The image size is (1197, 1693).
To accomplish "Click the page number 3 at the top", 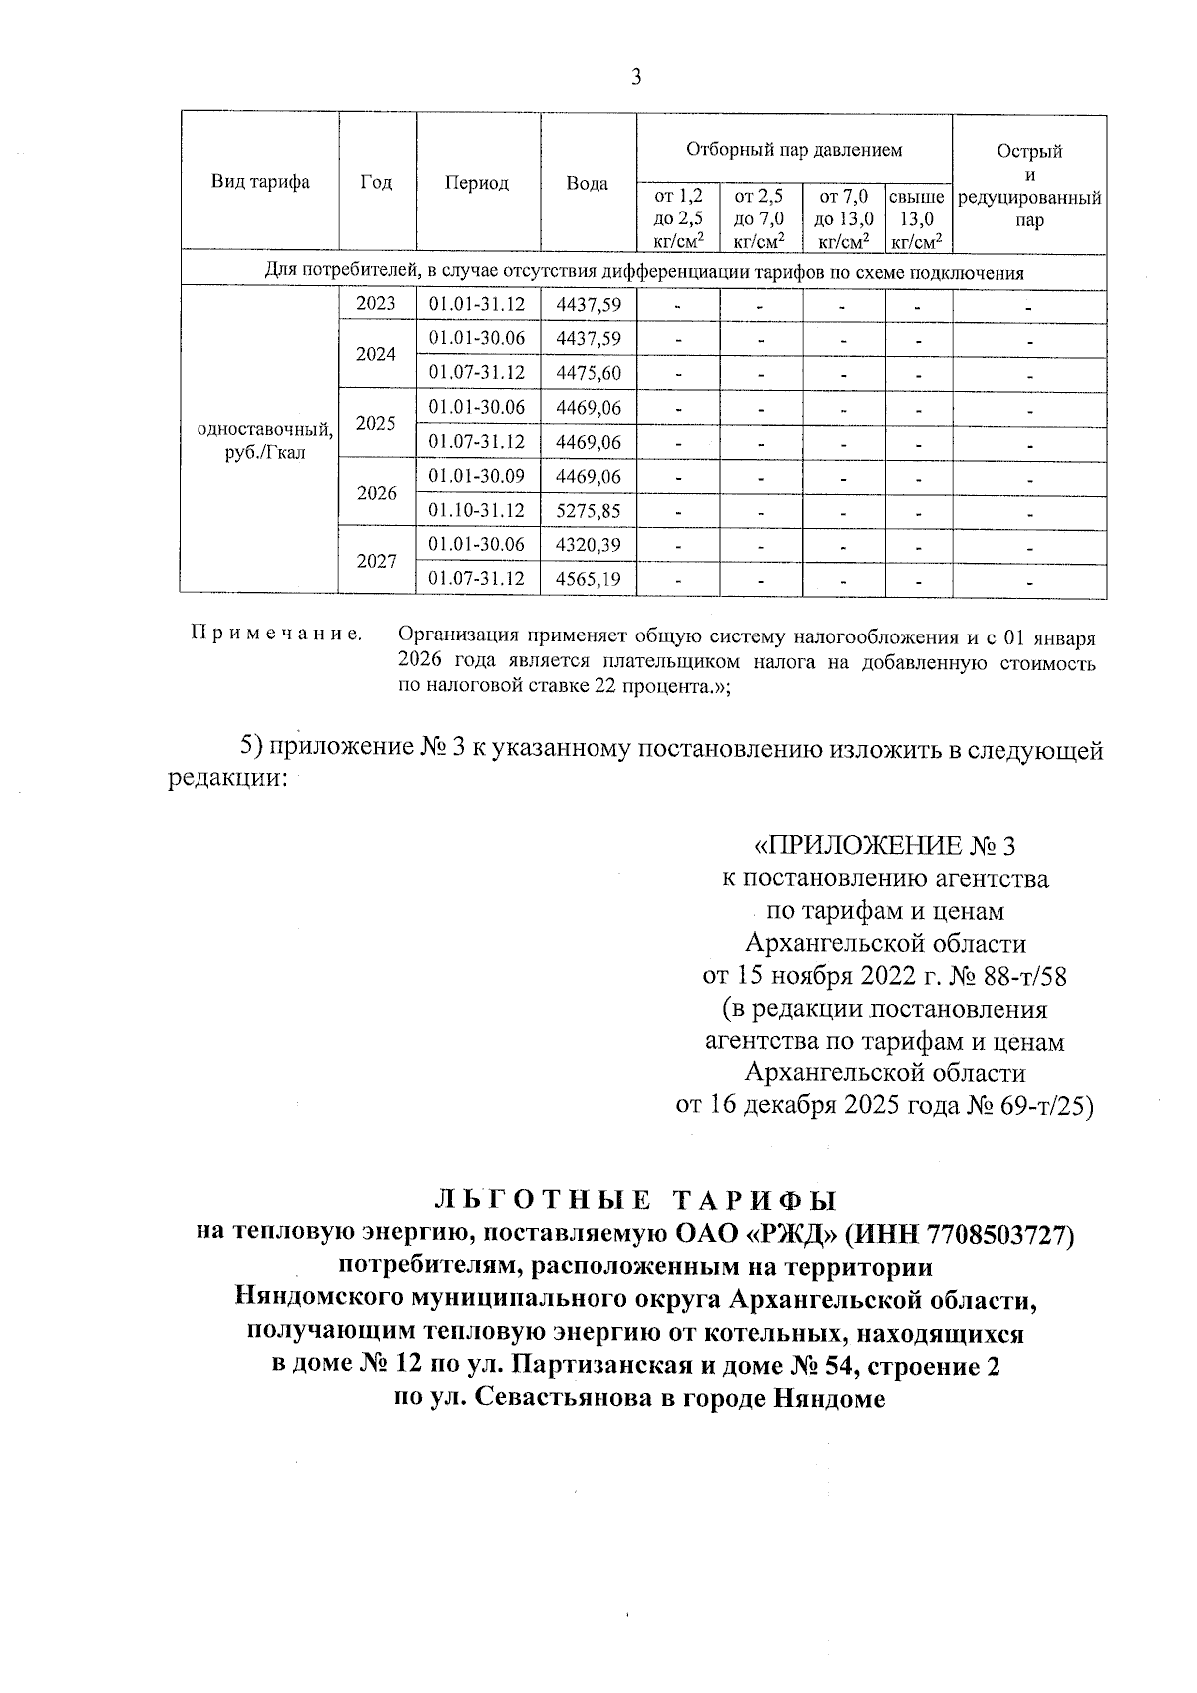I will coord(636,78).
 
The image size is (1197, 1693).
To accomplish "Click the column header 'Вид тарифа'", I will coord(260,182).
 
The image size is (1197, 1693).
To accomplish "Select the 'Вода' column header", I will coord(588,184).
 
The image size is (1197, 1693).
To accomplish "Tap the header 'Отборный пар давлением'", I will coord(794,150).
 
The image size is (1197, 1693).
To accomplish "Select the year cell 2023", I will coord(376,304).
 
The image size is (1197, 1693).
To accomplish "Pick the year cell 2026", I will coord(376,493).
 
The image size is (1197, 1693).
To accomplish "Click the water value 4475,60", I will coord(589,373).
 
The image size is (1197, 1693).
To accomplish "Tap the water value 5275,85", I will coord(589,511).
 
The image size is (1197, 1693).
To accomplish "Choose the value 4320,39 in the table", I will coord(589,545).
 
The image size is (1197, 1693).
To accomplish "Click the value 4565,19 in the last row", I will coord(589,579).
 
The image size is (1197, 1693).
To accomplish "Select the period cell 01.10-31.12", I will coord(477,511).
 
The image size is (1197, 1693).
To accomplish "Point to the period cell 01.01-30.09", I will coord(477,476).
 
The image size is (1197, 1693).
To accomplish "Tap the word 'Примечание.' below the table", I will coord(275,634).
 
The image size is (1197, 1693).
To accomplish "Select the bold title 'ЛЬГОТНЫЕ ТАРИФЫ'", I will coord(635,1200).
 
